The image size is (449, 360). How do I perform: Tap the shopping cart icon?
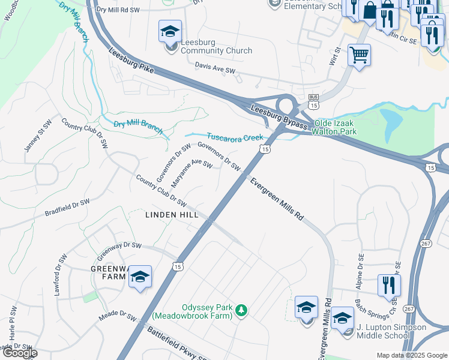click(359, 55)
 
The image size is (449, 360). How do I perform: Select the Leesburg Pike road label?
click(132, 62)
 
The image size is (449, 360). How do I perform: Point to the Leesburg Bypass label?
click(279, 117)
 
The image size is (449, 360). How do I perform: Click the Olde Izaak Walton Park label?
click(332, 127)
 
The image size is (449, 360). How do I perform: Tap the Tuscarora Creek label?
click(235, 137)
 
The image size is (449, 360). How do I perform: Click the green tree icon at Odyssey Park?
click(241, 310)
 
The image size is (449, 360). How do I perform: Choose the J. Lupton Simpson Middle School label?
click(391, 331)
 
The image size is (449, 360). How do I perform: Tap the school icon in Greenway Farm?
click(140, 277)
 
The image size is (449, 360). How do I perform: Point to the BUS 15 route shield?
click(313, 101)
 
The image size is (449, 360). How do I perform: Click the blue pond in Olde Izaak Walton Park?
click(391, 121)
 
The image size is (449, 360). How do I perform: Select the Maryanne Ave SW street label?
click(193, 172)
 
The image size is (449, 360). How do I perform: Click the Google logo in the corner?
click(20, 353)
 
